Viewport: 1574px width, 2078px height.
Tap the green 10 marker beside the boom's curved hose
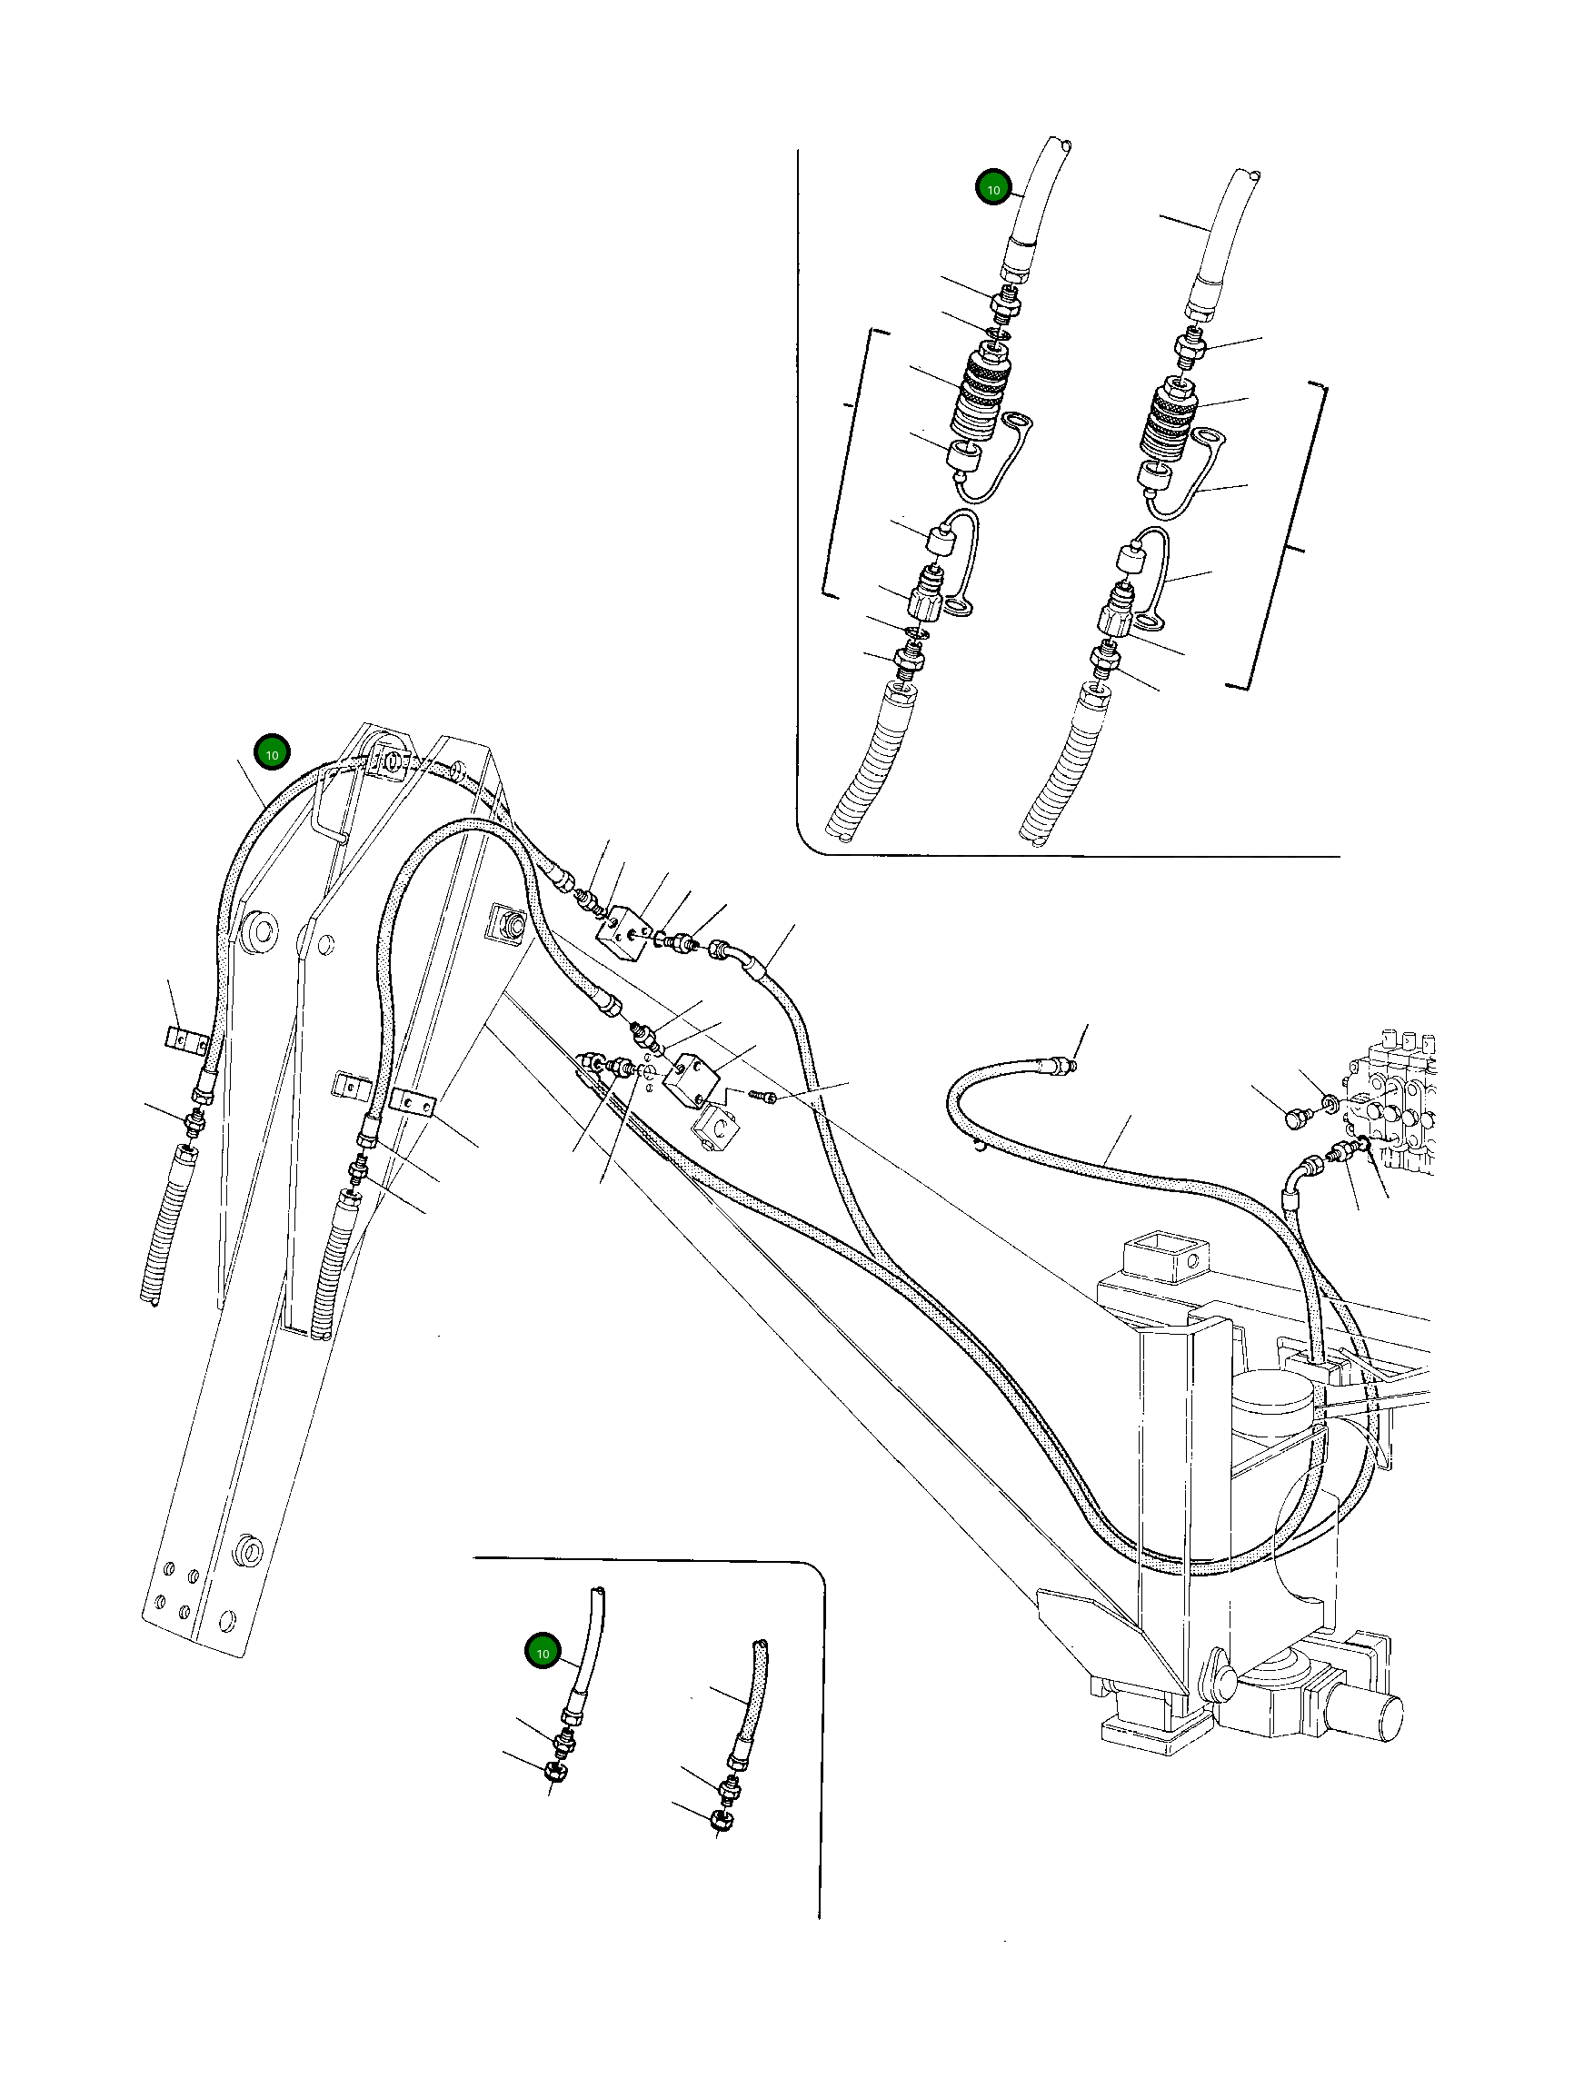tap(272, 752)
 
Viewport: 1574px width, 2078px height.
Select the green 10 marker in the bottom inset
tap(543, 1652)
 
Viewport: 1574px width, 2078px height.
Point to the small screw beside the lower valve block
tap(762, 1097)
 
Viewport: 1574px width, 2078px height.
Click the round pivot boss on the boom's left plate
tap(258, 931)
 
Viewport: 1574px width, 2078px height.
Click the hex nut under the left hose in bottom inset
tap(553, 1772)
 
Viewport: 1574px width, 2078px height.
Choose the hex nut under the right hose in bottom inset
tap(722, 1820)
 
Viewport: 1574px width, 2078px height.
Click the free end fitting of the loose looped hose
tap(1062, 1064)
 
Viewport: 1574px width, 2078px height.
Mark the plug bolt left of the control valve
tap(1297, 1117)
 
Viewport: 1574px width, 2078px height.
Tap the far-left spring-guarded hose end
tap(168, 1221)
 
